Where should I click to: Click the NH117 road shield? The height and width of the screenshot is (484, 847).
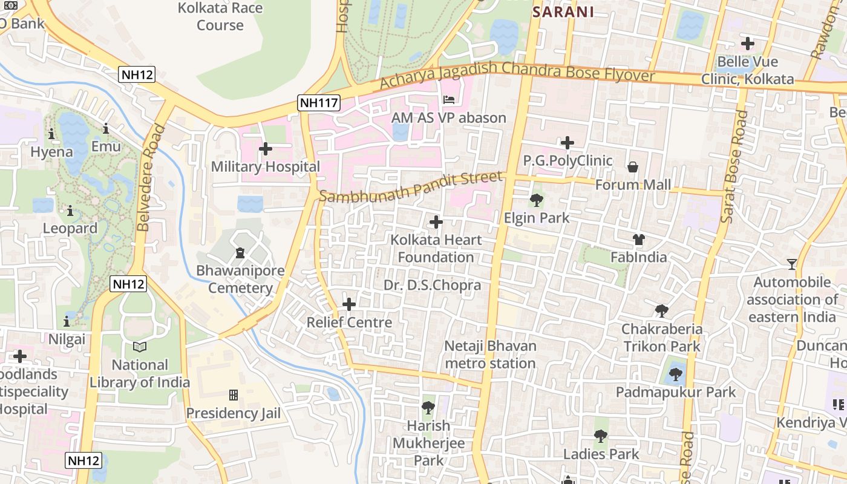(319, 103)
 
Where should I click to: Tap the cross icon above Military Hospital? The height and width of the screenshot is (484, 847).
(265, 148)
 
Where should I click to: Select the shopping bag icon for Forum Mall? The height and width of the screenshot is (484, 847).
(633, 166)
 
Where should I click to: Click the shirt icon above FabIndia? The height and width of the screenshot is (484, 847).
(638, 240)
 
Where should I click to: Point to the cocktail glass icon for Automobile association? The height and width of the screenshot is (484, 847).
(791, 264)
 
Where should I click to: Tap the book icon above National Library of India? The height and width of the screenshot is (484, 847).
(140, 347)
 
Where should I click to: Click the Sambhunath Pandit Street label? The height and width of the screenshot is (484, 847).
(411, 188)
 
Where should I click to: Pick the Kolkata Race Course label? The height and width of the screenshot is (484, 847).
(220, 17)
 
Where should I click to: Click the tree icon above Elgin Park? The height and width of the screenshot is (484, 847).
(536, 200)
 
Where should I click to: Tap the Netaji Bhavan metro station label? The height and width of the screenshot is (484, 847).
(490, 355)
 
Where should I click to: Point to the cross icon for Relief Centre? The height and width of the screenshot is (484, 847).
(349, 304)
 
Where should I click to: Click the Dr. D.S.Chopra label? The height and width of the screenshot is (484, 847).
(432, 285)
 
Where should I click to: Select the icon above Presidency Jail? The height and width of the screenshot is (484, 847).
(233, 396)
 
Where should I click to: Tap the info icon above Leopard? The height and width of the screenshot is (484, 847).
(70, 211)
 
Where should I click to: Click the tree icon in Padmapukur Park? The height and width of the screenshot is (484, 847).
(676, 374)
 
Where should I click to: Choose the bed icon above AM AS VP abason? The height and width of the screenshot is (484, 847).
(448, 99)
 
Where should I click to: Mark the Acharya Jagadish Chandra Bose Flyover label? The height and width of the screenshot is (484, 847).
(517, 75)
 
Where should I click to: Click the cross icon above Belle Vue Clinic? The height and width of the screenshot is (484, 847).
(748, 44)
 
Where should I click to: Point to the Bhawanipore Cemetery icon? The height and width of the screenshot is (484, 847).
(240, 252)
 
